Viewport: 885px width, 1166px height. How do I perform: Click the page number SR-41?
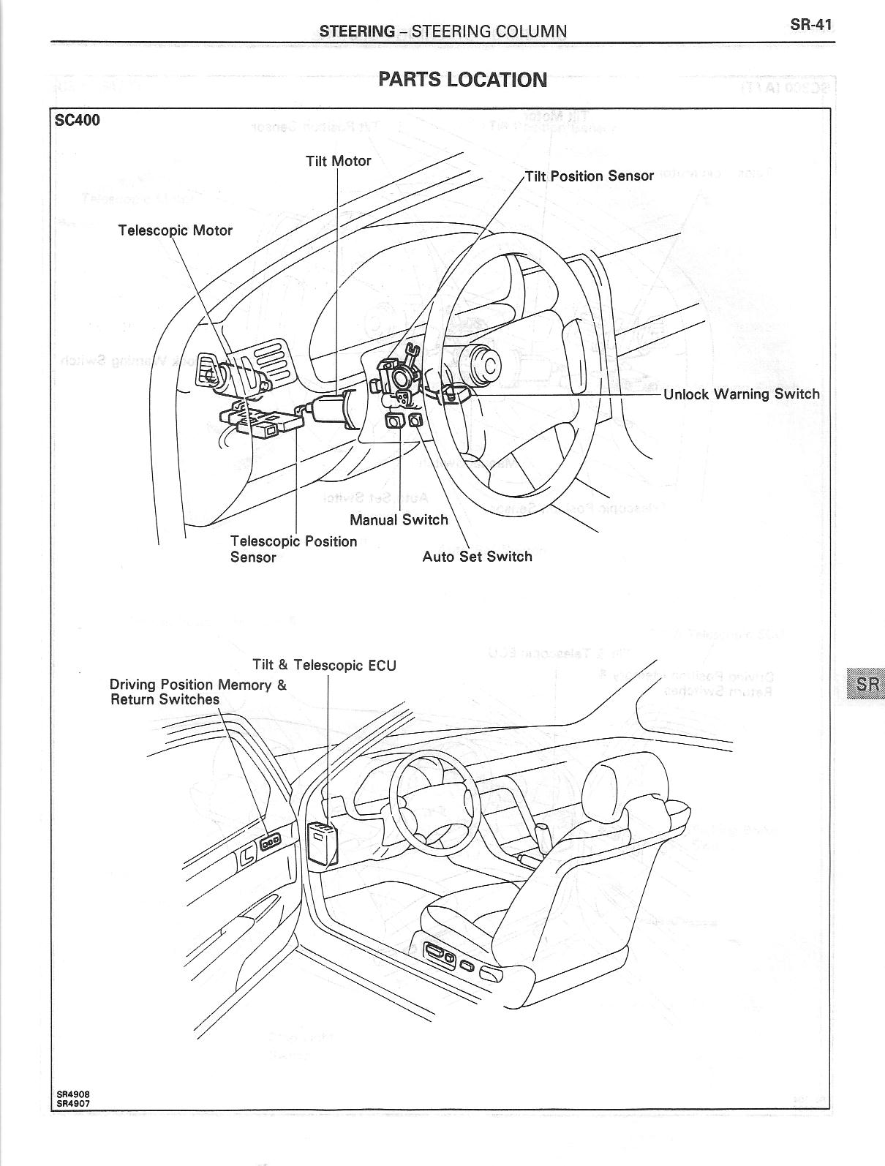(x=810, y=25)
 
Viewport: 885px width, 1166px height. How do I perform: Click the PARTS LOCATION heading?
(x=462, y=80)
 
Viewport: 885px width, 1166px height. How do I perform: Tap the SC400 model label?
(x=78, y=120)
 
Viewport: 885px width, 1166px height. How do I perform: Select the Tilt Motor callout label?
(x=338, y=161)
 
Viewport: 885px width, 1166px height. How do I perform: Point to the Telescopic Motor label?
(x=176, y=230)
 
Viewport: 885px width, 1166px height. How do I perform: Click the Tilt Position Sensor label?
(x=590, y=176)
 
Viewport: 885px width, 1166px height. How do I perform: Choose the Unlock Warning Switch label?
(x=742, y=394)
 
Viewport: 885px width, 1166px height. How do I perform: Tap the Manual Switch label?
(x=399, y=519)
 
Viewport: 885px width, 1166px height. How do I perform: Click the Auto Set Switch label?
(x=478, y=557)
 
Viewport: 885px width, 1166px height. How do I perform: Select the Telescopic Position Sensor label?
(x=293, y=549)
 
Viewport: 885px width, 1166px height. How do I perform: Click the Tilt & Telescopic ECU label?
(x=324, y=666)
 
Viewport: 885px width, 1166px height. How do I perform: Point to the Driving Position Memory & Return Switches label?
(x=198, y=692)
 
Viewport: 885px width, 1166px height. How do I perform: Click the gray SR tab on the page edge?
(x=864, y=684)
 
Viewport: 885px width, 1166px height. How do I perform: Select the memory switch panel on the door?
(x=270, y=842)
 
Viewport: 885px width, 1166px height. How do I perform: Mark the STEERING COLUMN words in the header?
(x=489, y=31)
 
